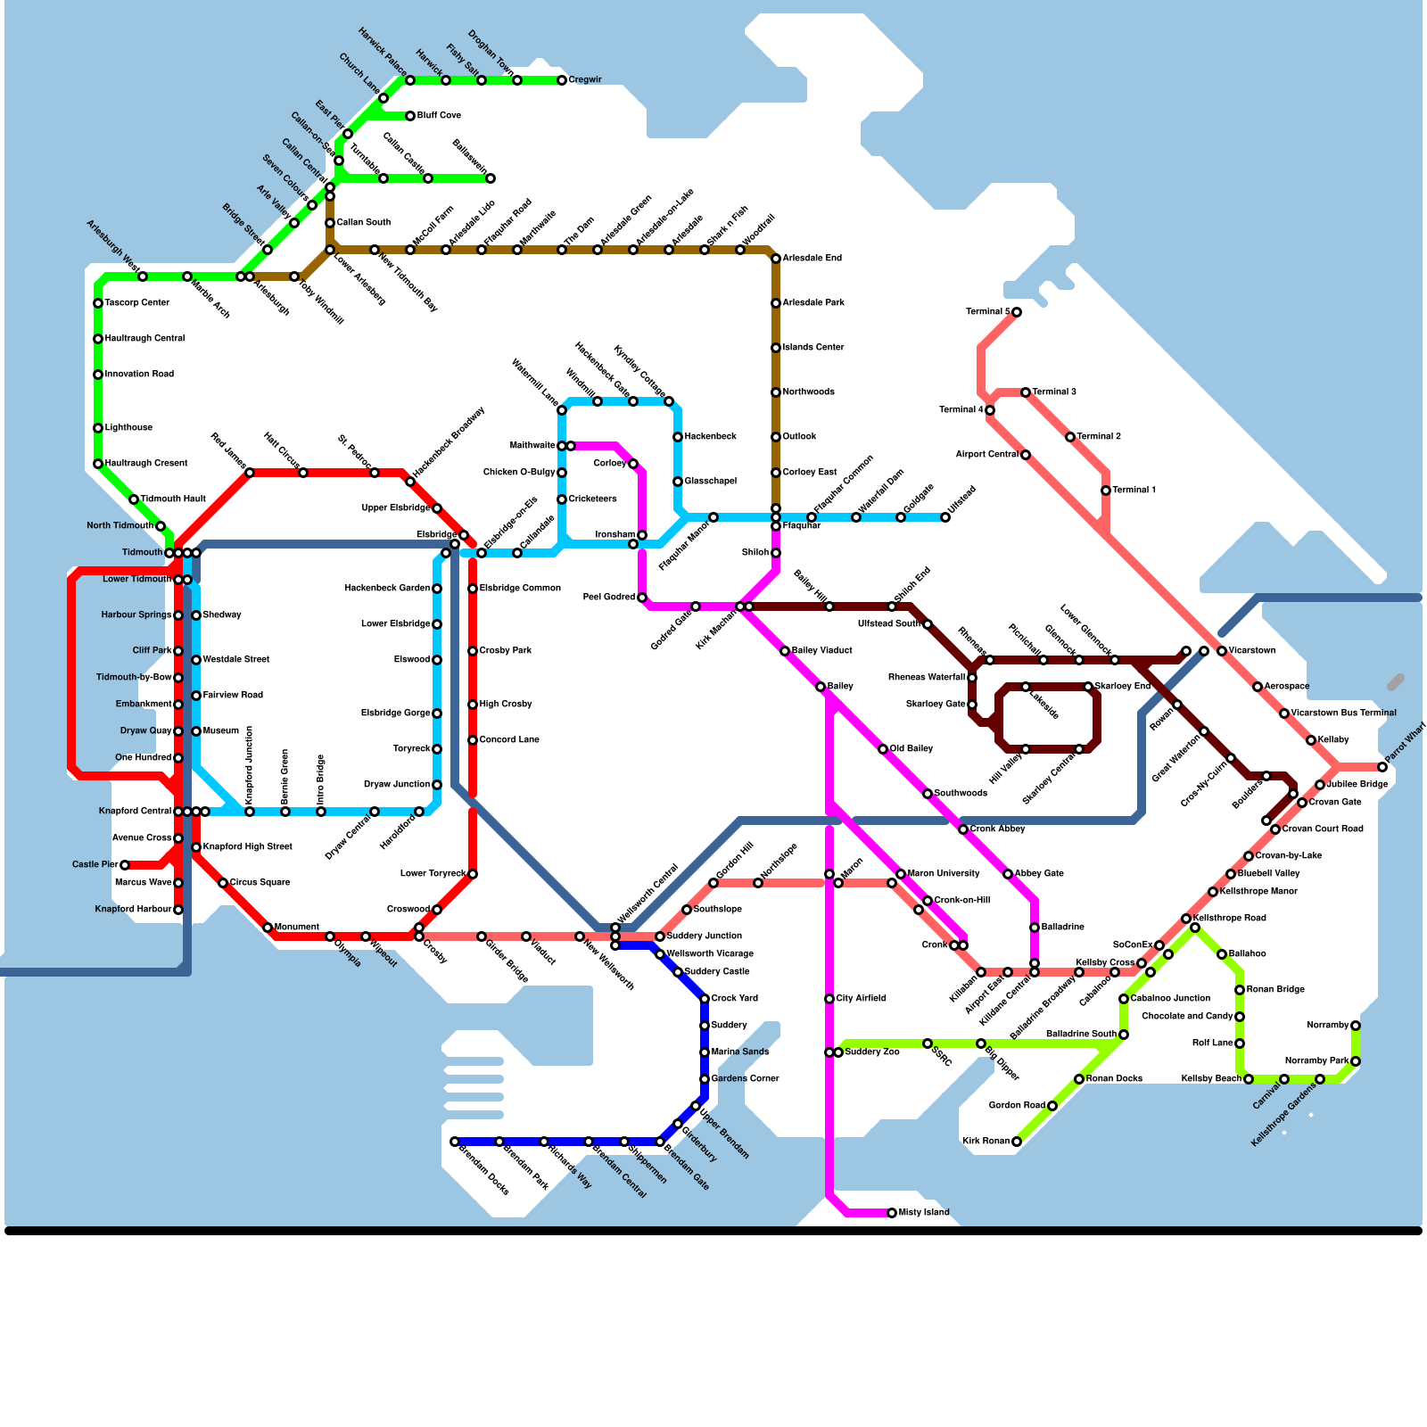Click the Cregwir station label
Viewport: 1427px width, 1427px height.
point(585,80)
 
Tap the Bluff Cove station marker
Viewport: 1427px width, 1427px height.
point(410,116)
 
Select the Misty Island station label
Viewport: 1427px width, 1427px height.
point(924,1213)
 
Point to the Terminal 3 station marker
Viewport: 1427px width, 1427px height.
point(1026,392)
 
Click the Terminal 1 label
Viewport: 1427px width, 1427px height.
point(1134,491)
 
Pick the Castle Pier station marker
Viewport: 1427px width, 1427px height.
point(125,865)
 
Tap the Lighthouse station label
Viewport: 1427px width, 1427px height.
point(128,428)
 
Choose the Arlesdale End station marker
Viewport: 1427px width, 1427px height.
point(776,259)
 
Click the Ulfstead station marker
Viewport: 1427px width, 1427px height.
point(945,517)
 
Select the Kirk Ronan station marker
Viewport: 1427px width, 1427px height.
point(1017,1142)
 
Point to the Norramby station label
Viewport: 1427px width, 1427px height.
point(1327,1026)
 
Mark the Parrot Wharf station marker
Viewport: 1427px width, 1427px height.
point(1382,767)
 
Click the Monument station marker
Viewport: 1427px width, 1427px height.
point(268,928)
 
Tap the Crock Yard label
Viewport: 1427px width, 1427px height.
point(735,999)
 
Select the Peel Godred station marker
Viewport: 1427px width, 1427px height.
point(642,598)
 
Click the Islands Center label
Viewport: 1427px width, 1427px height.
point(813,348)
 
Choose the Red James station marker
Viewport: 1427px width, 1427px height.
point(250,473)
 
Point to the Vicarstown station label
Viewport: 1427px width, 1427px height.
point(1252,651)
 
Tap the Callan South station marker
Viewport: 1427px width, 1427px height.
point(330,223)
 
